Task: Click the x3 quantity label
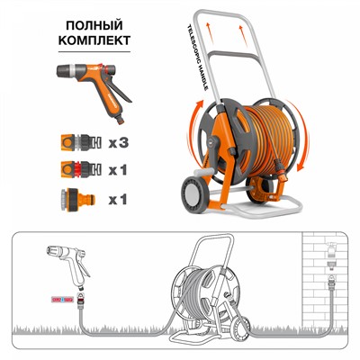(120, 141)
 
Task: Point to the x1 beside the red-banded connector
(120, 169)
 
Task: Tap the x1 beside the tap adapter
(120, 197)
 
